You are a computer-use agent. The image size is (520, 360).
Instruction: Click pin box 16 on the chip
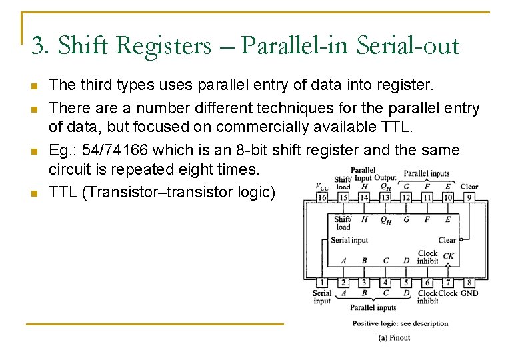[x=322, y=197]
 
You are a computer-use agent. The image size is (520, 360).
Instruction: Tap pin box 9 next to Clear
[x=469, y=197]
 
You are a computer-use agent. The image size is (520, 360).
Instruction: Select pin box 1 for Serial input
[x=322, y=283]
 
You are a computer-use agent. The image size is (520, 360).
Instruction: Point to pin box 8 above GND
[x=469, y=283]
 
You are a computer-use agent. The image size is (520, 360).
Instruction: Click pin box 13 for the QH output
[x=385, y=197]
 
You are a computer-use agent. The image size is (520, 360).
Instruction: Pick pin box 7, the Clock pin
[x=448, y=283]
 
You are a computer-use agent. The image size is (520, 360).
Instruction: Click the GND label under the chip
[x=469, y=293]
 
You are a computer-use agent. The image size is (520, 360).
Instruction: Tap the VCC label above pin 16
[x=321, y=187]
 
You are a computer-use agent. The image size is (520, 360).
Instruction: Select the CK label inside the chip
[x=448, y=256]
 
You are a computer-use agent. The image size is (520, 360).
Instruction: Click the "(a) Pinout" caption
[x=394, y=338]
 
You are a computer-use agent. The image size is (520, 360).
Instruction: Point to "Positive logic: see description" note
[x=400, y=324]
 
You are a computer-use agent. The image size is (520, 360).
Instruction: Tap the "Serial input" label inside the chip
[x=350, y=240]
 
